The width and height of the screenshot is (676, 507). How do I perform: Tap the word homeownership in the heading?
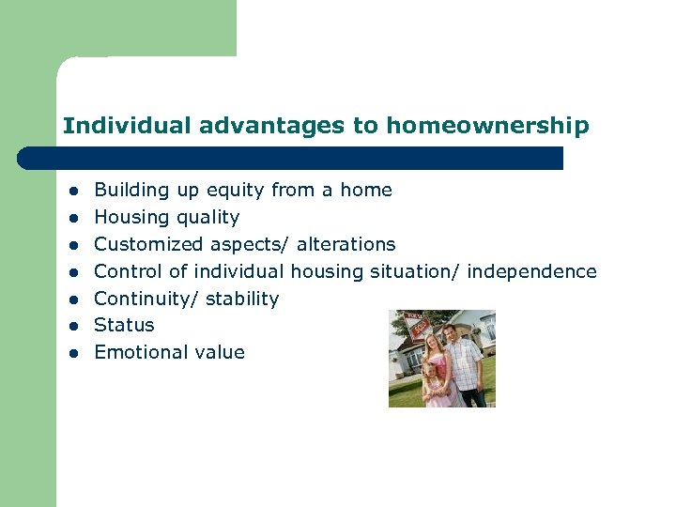pyautogui.click(x=487, y=125)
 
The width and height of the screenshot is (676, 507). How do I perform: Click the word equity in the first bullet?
pyautogui.click(x=235, y=191)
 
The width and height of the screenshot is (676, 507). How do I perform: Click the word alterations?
pyautogui.click(x=346, y=244)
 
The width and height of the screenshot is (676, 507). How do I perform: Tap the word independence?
pyautogui.click(x=531, y=271)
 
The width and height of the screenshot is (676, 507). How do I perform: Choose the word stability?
pyautogui.click(x=242, y=299)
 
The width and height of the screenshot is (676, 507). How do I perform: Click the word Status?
pyautogui.click(x=124, y=325)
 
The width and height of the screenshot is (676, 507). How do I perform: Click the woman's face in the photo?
pyautogui.click(x=435, y=346)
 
